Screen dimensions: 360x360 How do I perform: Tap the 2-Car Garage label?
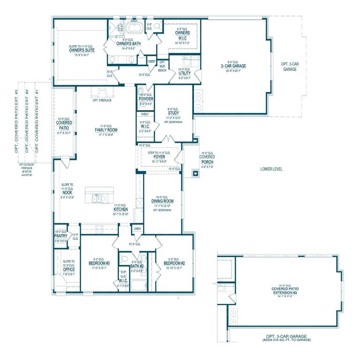pos(236,66)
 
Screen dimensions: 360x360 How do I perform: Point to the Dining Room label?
pos(163,201)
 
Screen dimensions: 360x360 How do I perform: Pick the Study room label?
pos(173,112)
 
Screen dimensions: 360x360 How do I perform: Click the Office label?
pos(68,270)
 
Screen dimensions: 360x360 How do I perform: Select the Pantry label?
pos(61,236)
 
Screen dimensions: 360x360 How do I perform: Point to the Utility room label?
pos(184,73)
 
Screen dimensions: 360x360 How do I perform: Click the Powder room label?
pos(146,99)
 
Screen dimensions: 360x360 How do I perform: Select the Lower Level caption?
pos(271,169)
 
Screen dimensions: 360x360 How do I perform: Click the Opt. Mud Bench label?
pos(162,66)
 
